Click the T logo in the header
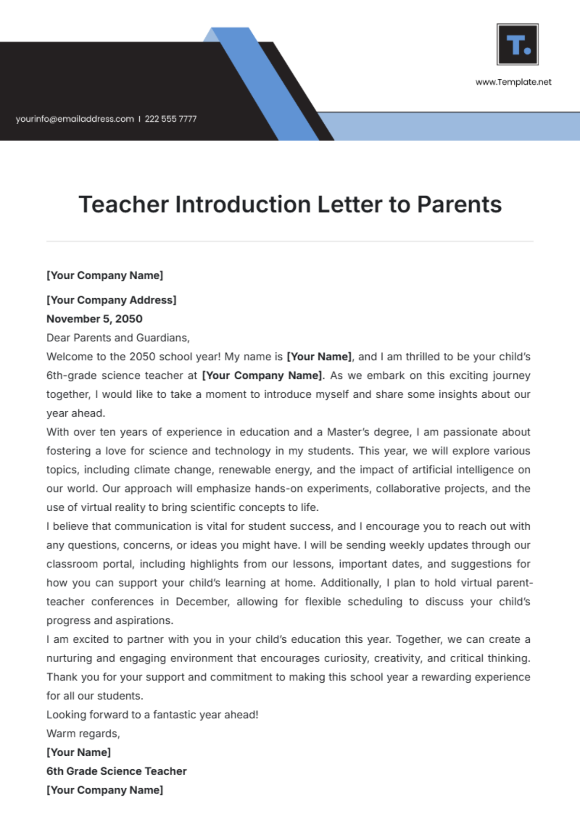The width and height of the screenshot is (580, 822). [x=518, y=44]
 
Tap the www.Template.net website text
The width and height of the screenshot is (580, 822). [x=513, y=82]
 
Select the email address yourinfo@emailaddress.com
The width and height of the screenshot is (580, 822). [x=74, y=119]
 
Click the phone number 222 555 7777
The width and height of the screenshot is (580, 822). [x=171, y=119]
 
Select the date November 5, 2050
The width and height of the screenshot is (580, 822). [x=94, y=319]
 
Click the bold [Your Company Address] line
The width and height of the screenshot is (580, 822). [x=111, y=300]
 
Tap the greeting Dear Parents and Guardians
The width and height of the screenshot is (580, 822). [x=118, y=338]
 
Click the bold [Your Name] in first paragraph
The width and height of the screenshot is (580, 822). [x=319, y=357]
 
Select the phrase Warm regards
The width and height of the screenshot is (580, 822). [x=83, y=734]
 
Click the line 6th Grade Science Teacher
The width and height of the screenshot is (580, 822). [x=116, y=771]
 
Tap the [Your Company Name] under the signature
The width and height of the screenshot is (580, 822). [x=104, y=790]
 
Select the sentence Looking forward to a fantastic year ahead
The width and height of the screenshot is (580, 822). [x=152, y=715]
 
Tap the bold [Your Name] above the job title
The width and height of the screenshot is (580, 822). [x=78, y=752]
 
